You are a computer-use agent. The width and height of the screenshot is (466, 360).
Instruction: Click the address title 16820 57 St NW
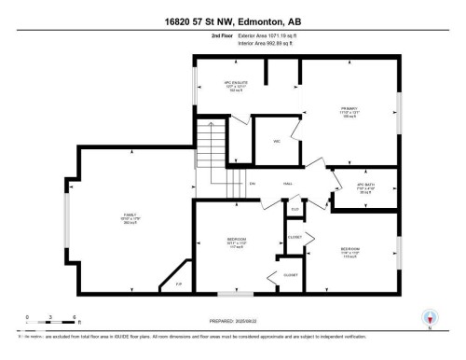(x=233, y=21)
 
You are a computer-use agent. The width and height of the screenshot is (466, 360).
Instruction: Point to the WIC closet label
(x=277, y=142)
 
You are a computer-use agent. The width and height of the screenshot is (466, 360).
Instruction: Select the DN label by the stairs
(x=253, y=184)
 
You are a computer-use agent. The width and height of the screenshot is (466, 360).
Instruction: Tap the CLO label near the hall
(x=295, y=209)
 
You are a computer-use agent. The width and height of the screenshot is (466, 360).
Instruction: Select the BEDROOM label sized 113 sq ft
(x=350, y=253)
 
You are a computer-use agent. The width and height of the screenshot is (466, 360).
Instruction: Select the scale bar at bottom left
(x=42, y=321)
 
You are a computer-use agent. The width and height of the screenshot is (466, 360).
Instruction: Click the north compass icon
(x=430, y=317)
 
